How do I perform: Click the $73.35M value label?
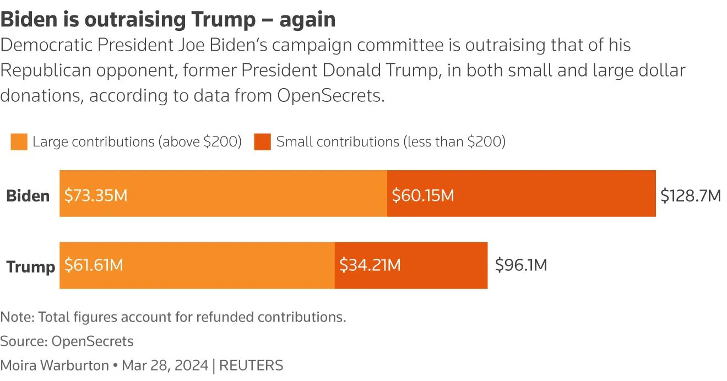pos(96,195)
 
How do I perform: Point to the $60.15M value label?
pos(423,195)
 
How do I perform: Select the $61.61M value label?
pos(94,266)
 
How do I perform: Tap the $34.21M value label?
pos(370,266)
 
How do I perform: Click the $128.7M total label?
pos(691,195)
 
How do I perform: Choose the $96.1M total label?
pos(521,265)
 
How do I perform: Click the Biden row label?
pos(28,196)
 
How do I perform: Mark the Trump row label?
pos(30,267)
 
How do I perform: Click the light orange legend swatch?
pos(19,142)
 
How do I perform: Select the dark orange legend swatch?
pos(262,142)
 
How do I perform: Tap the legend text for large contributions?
pos(137,142)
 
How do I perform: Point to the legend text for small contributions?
pos(390,142)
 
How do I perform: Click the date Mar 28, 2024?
pos(165,365)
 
